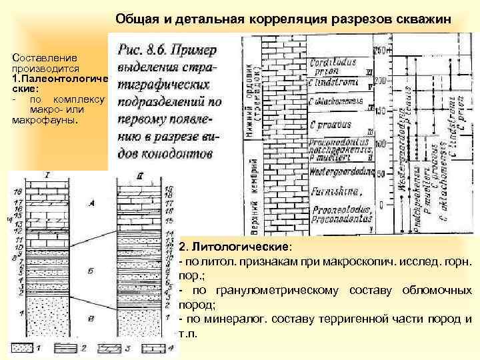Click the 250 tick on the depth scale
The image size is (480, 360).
(379, 51)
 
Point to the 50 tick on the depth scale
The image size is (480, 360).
(379, 175)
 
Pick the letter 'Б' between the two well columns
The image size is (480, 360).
(91, 273)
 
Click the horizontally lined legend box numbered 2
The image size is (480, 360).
(67, 348)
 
